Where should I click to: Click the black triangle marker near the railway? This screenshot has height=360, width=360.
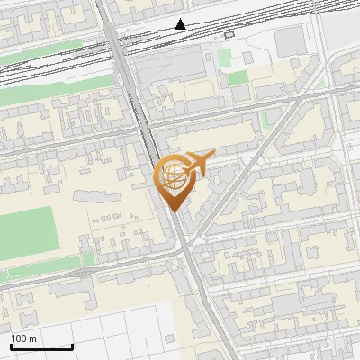coord(182,24)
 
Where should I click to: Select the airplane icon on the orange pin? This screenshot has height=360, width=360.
coord(200,165)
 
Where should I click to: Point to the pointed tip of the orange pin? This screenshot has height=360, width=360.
coord(173,211)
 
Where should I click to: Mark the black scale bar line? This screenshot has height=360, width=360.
coord(41,346)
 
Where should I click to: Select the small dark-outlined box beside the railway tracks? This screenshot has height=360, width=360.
coord(229,34)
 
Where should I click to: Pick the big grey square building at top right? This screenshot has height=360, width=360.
coord(290,40)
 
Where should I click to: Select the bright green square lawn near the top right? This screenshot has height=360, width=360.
coord(236,77)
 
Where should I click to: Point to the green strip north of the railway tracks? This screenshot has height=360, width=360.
coord(36,62)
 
